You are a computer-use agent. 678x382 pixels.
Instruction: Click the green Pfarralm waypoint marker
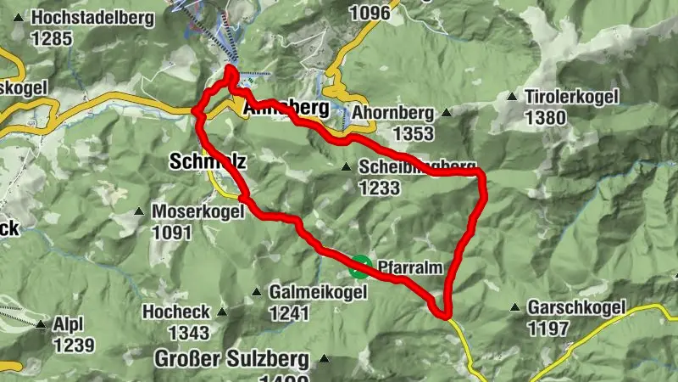point(360,267)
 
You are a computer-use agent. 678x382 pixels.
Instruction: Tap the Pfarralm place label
point(410,266)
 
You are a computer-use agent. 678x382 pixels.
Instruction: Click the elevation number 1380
point(546,118)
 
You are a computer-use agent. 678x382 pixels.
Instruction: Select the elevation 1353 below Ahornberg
point(413,133)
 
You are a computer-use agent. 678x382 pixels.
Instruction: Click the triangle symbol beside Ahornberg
point(446,112)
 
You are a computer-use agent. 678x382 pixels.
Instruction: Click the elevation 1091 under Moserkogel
point(172,232)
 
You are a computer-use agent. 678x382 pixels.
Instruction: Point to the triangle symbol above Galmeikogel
point(257,293)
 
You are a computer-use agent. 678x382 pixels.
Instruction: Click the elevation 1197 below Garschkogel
point(548,328)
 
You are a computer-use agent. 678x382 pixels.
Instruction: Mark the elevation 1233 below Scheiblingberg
point(379,188)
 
